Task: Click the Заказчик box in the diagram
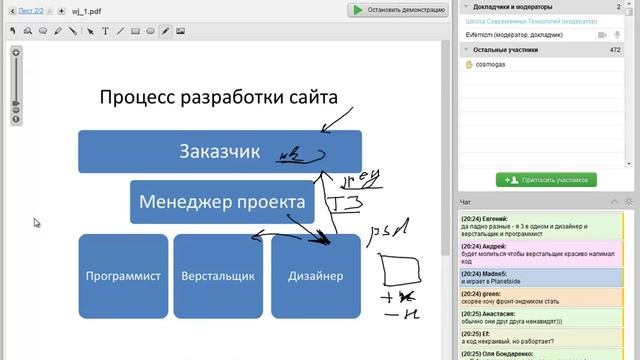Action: click(x=219, y=152)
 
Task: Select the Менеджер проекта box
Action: click(x=222, y=202)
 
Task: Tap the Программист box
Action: click(x=123, y=276)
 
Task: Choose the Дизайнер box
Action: click(x=315, y=276)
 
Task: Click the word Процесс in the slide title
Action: click(x=135, y=97)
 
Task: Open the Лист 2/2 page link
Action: click(x=32, y=10)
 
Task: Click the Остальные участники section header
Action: click(x=510, y=49)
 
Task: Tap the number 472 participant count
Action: click(x=614, y=49)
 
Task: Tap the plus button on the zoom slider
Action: click(x=16, y=52)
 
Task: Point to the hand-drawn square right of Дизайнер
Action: click(x=399, y=271)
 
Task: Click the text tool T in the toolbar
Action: click(x=105, y=31)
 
